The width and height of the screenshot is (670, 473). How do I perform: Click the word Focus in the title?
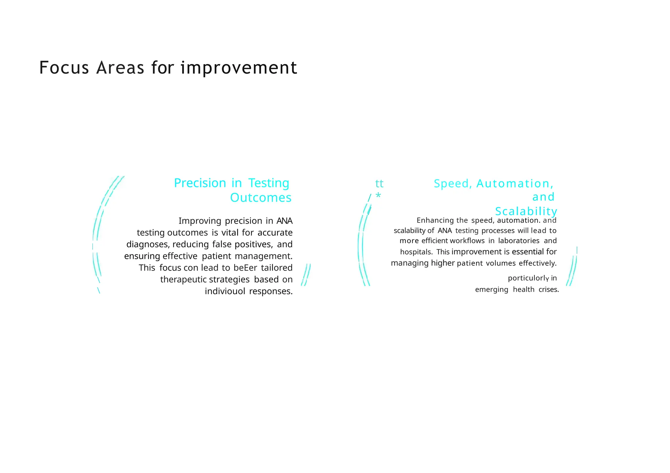tap(64, 68)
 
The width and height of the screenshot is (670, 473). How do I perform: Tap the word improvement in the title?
tap(239, 68)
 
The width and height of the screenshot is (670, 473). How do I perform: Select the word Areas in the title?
tap(120, 68)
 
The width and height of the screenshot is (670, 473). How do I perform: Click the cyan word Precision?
tap(200, 183)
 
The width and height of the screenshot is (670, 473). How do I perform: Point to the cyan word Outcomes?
tap(261, 198)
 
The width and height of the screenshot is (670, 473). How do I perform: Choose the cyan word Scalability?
tap(526, 211)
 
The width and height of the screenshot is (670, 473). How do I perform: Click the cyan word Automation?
tap(515, 184)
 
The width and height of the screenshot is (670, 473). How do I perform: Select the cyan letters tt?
tap(379, 184)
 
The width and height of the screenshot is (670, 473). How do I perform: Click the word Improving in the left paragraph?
tap(200, 221)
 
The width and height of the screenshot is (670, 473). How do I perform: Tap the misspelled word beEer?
tap(245, 268)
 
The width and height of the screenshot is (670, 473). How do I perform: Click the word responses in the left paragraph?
tap(271, 291)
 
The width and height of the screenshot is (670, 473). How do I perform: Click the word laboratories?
tap(519, 241)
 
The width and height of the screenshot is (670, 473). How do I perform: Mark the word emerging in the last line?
tap(492, 290)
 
